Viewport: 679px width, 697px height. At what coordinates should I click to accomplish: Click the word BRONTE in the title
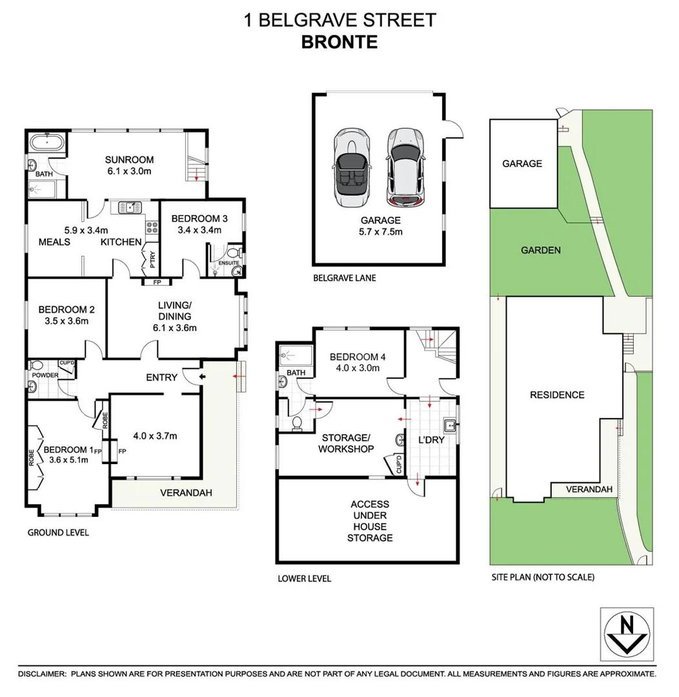pyautogui.click(x=339, y=42)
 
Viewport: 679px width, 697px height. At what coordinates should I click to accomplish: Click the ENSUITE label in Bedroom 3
pyautogui.click(x=229, y=263)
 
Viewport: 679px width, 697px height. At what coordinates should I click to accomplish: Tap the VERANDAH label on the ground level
pyautogui.click(x=186, y=492)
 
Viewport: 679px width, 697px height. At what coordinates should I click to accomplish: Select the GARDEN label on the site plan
pyautogui.click(x=541, y=250)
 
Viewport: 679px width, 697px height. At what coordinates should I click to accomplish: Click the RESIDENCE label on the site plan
pyautogui.click(x=556, y=395)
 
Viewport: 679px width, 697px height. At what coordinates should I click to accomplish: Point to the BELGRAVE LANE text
pyautogui.click(x=344, y=279)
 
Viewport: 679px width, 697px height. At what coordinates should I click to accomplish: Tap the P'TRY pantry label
pyautogui.click(x=152, y=261)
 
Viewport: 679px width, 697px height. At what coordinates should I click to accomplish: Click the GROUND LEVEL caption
pyautogui.click(x=58, y=532)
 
